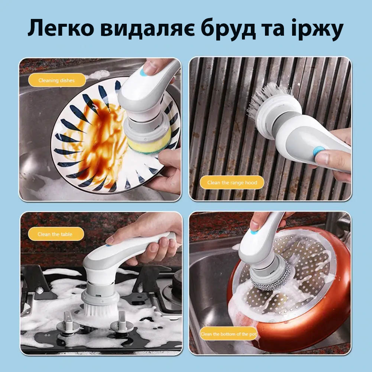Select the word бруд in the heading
click(228, 29)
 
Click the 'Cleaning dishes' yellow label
click(57, 80)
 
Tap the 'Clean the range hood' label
click(232, 182)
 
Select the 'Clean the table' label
click(56, 234)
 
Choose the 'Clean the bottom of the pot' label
click(229, 334)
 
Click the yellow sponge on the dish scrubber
click(149, 143)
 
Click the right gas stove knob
click(122, 323)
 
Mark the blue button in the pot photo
click(254, 231)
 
